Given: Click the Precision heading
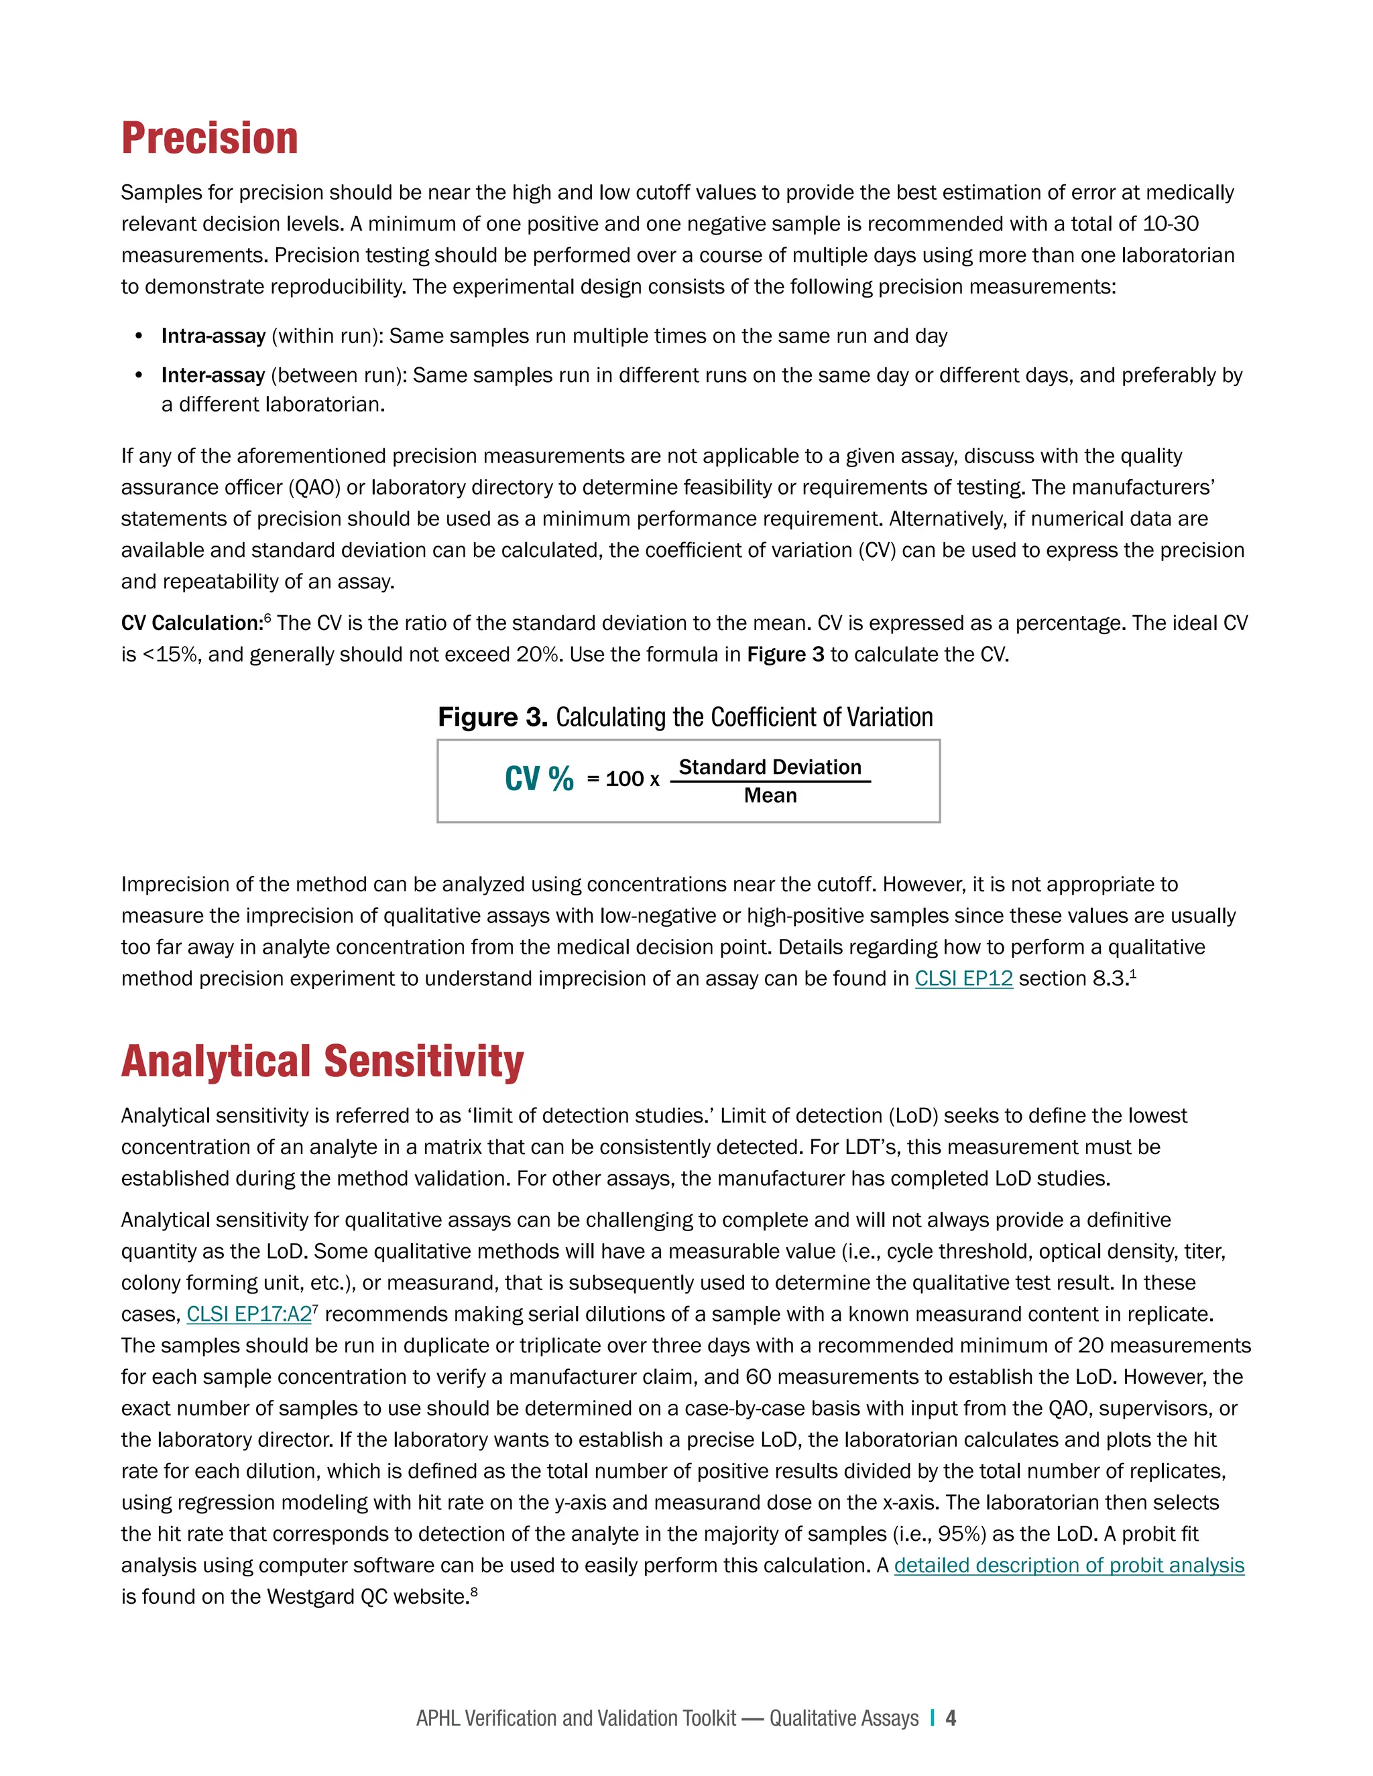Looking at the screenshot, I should tap(209, 138).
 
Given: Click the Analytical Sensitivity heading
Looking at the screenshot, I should tap(322, 1062).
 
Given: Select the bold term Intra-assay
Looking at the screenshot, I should tap(213, 336).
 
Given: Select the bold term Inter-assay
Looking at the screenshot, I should tap(213, 375).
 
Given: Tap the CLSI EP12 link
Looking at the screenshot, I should tap(963, 978).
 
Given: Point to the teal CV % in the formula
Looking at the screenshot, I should tap(538, 779).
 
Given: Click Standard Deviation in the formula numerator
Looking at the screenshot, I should tap(770, 767).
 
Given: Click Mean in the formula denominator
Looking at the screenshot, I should tap(770, 796).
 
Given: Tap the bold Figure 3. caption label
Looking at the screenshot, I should tap(492, 717).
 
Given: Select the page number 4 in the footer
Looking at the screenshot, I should tap(951, 1718).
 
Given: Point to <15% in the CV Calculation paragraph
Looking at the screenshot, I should tap(169, 655).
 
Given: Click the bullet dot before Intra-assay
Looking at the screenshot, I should tap(139, 336).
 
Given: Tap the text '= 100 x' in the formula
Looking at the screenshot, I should tap(623, 779).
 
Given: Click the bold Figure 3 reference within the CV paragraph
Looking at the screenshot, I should tap(785, 655).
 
